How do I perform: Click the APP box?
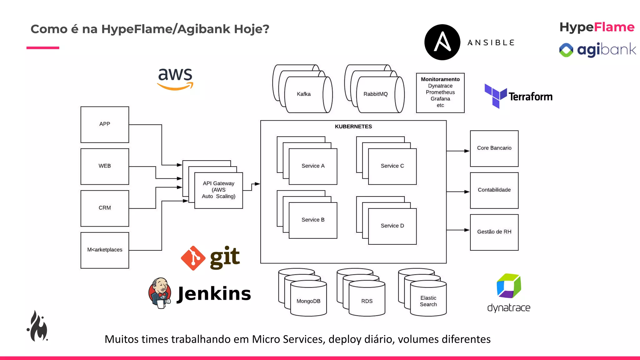(105, 124)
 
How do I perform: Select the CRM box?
(105, 208)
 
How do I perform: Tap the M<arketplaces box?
(105, 250)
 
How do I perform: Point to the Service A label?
(313, 166)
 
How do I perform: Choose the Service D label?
(392, 226)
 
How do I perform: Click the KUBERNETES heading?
(353, 127)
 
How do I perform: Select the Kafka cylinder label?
(303, 94)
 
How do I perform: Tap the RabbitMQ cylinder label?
(375, 94)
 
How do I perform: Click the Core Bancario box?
(494, 148)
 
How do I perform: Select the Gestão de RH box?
(494, 232)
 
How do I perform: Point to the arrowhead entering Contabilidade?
(467, 192)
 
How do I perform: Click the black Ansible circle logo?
(442, 42)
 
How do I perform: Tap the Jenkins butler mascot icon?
(160, 293)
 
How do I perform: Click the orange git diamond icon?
(193, 258)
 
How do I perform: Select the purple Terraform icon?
(495, 96)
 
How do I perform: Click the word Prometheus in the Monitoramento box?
(440, 92)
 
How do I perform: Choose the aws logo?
(175, 79)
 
